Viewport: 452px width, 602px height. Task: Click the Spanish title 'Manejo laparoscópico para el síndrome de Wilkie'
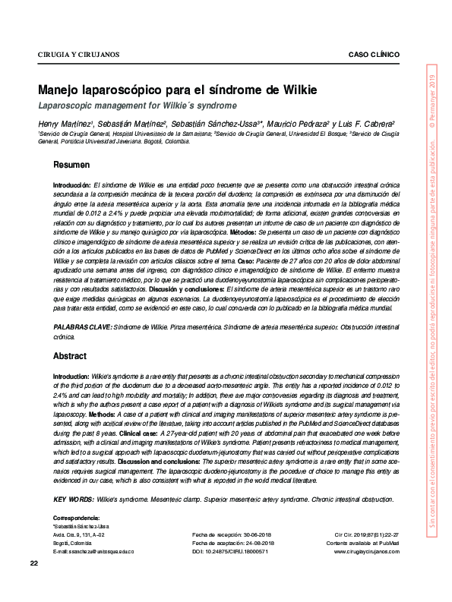pyautogui.click(x=179, y=90)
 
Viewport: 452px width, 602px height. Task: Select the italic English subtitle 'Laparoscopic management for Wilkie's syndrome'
pyautogui.click(x=137, y=106)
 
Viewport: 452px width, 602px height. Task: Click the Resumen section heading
pyautogui.click(x=71, y=165)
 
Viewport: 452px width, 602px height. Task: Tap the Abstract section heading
pyautogui.click(x=70, y=356)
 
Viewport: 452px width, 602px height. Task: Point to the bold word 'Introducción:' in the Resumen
pyautogui.click(x=71, y=185)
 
